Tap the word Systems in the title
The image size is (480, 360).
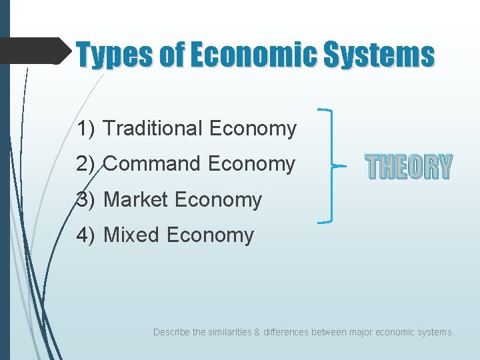tap(378, 55)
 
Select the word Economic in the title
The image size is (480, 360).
tap(255, 55)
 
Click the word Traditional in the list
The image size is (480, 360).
tap(154, 128)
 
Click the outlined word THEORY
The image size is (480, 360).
tap(409, 167)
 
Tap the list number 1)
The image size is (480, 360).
tap(87, 128)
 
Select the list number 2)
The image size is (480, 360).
tap(87, 163)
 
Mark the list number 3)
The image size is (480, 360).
tap(87, 199)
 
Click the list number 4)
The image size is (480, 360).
tap(87, 235)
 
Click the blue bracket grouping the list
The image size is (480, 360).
tap(331, 165)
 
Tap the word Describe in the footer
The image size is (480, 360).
tap(171, 331)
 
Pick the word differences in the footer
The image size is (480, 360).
tap(286, 331)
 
